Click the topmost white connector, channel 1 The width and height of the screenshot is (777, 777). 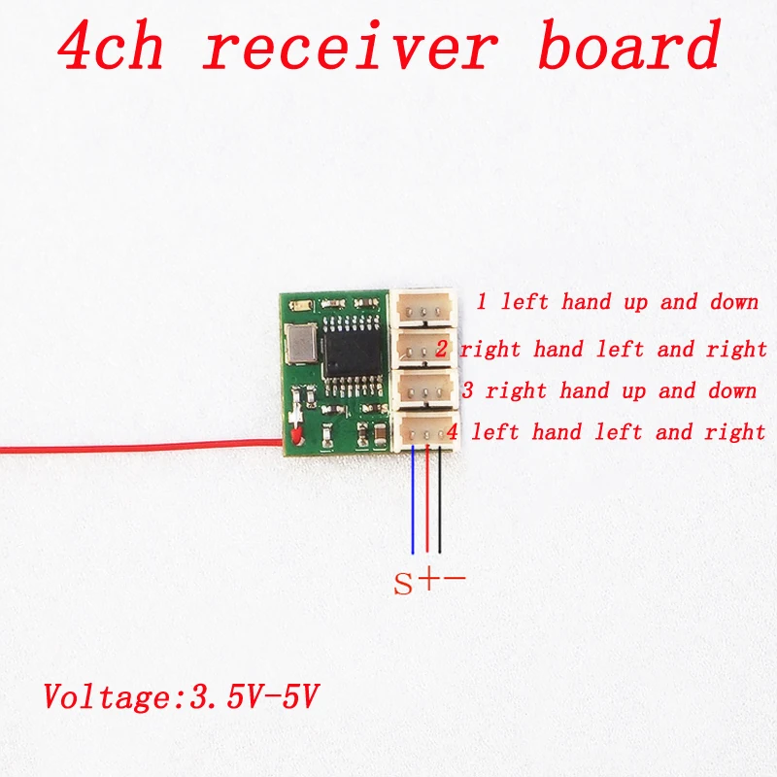point(425,306)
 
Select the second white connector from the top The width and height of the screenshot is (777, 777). point(425,347)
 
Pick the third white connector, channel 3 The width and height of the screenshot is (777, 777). point(425,388)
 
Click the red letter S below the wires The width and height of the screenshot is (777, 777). point(403,585)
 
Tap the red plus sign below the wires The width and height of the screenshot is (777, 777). point(428,581)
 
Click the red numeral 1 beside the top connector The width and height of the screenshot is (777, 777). point(482,302)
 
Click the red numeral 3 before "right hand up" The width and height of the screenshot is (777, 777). point(468,391)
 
